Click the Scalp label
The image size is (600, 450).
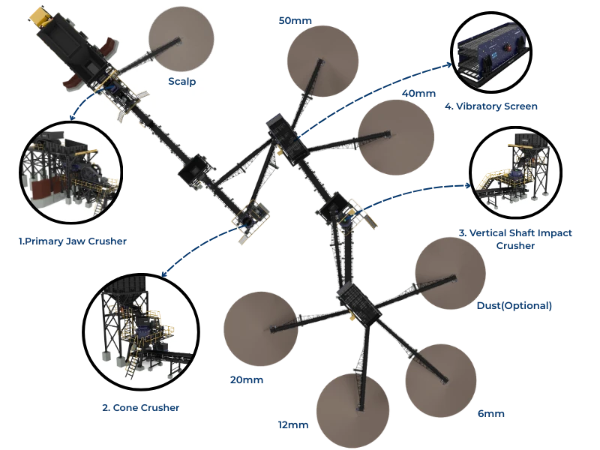[181, 82]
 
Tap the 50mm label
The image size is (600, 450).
[295, 21]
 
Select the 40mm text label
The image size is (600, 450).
[418, 93]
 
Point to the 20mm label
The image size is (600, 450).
[247, 380]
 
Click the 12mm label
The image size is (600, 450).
[293, 425]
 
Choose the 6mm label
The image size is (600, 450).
[491, 414]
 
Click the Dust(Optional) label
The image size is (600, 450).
[514, 306]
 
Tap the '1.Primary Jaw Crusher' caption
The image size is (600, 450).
[73, 241]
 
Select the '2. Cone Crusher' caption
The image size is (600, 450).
[141, 408]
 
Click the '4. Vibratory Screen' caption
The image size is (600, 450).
[491, 106]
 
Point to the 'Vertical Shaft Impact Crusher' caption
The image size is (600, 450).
[515, 239]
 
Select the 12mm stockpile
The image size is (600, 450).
[352, 410]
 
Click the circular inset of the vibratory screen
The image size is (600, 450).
[492, 52]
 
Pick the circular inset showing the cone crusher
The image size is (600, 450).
[141, 331]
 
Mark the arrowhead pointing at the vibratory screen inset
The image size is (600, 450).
[448, 65]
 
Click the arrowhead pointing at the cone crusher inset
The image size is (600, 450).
[164, 273]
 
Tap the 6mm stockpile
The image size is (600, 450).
[441, 380]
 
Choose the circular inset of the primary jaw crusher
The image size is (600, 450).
[70, 172]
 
